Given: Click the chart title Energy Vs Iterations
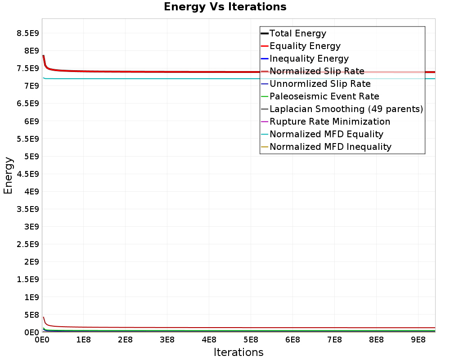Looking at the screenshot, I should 225,7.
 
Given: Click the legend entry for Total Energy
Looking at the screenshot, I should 297,33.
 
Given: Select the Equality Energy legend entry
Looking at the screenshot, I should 305,46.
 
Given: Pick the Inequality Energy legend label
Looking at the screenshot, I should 309,58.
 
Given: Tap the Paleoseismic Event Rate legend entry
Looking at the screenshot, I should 324,96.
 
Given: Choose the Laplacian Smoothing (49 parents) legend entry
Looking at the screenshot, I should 346,109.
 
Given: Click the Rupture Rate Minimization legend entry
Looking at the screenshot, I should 330,121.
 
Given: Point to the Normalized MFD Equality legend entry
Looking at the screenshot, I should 326,134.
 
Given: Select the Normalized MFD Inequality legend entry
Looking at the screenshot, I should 330,147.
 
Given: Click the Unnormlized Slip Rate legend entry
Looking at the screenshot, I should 320,84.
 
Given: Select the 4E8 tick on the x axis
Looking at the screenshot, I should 209,340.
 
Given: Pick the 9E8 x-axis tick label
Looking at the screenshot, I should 418,340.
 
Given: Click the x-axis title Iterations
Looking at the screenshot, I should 238,352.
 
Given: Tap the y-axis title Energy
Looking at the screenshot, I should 8,175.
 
